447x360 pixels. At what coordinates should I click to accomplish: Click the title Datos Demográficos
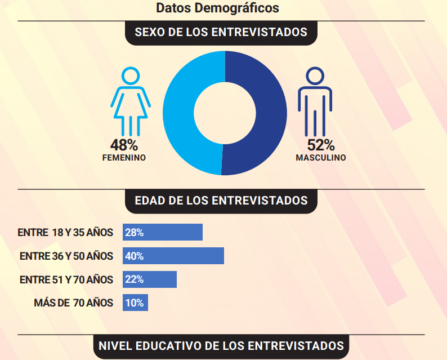217,8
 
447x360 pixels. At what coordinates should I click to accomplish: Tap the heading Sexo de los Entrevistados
221,32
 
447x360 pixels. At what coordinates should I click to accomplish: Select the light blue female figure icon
131,101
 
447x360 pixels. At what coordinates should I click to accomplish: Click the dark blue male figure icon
315,101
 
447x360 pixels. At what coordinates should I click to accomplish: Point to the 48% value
124,145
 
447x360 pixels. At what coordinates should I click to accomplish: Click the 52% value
321,145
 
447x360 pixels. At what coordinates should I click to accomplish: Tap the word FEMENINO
124,158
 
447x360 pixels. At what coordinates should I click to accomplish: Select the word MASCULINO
321,158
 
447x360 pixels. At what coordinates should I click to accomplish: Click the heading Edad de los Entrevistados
221,201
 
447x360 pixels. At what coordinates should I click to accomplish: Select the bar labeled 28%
163,232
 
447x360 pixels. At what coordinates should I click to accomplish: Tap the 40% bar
173,256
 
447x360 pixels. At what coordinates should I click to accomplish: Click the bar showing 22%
150,279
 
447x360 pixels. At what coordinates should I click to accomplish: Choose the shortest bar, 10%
135,303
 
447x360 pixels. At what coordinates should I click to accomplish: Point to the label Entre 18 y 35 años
65,233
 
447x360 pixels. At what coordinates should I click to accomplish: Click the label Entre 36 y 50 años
66,256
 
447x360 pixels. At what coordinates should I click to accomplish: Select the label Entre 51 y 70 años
66,279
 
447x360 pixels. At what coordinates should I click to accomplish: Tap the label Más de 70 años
74,303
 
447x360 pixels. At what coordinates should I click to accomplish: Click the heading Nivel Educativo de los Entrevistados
221,346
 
